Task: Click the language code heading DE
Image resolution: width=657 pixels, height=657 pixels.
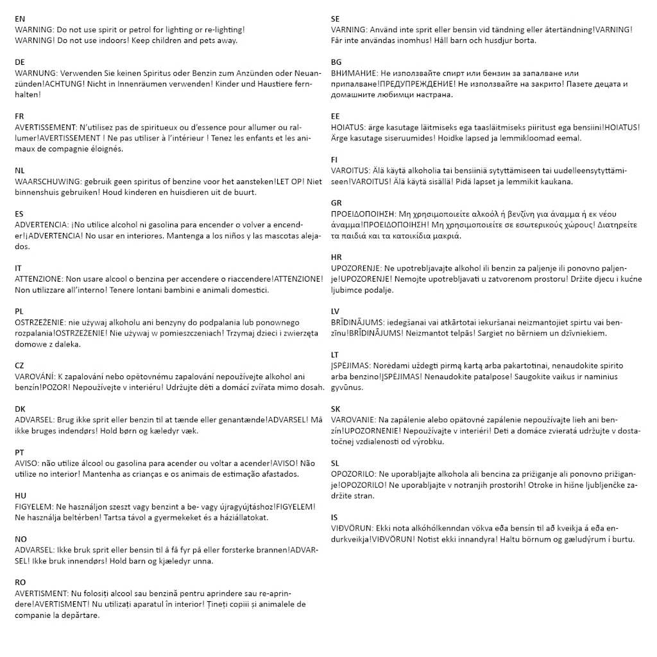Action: pyautogui.click(x=20, y=62)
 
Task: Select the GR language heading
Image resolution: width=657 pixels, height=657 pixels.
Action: pyautogui.click(x=337, y=203)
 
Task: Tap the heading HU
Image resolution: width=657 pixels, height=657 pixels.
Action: pyautogui.click(x=21, y=496)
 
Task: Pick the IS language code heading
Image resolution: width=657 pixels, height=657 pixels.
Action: pyautogui.click(x=334, y=517)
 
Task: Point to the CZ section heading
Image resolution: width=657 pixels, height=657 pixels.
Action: pyautogui.click(x=20, y=365)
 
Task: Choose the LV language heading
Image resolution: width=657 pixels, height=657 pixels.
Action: pyautogui.click(x=336, y=311)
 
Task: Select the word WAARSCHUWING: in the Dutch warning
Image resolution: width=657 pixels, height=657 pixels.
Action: pyautogui.click(x=47, y=182)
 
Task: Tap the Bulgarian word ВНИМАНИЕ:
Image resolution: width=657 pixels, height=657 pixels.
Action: pyautogui.click(x=354, y=73)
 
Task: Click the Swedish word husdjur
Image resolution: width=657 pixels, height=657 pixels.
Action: pyautogui.click(x=498, y=40)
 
